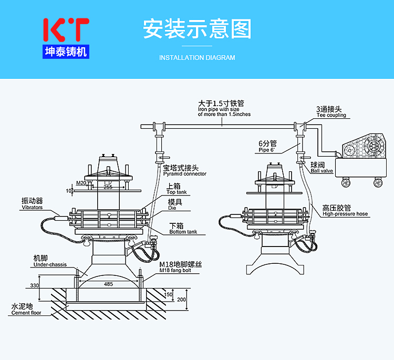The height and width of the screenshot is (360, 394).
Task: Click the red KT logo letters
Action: click(x=66, y=30)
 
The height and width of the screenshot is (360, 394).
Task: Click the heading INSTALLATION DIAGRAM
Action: click(x=197, y=58)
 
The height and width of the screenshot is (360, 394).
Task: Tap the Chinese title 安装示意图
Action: click(x=197, y=29)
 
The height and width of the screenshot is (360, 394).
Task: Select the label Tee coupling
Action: click(x=331, y=115)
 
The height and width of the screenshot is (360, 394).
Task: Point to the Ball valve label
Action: click(x=322, y=171)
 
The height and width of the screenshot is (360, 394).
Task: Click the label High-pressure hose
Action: click(x=345, y=214)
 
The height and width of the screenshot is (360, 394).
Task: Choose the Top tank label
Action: click(x=176, y=192)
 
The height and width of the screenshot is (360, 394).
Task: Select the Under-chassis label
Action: click(x=50, y=264)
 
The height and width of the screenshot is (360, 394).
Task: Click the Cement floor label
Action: click(x=26, y=313)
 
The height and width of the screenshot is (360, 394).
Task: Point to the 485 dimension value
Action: click(x=108, y=284)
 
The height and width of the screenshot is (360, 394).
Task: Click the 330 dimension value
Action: click(x=34, y=285)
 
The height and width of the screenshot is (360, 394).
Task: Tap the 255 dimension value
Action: click(x=108, y=187)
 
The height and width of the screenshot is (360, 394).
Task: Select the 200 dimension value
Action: click(x=181, y=300)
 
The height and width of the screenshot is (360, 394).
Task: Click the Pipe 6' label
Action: click(x=266, y=150)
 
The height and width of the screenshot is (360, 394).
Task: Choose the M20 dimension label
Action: click(x=81, y=182)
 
